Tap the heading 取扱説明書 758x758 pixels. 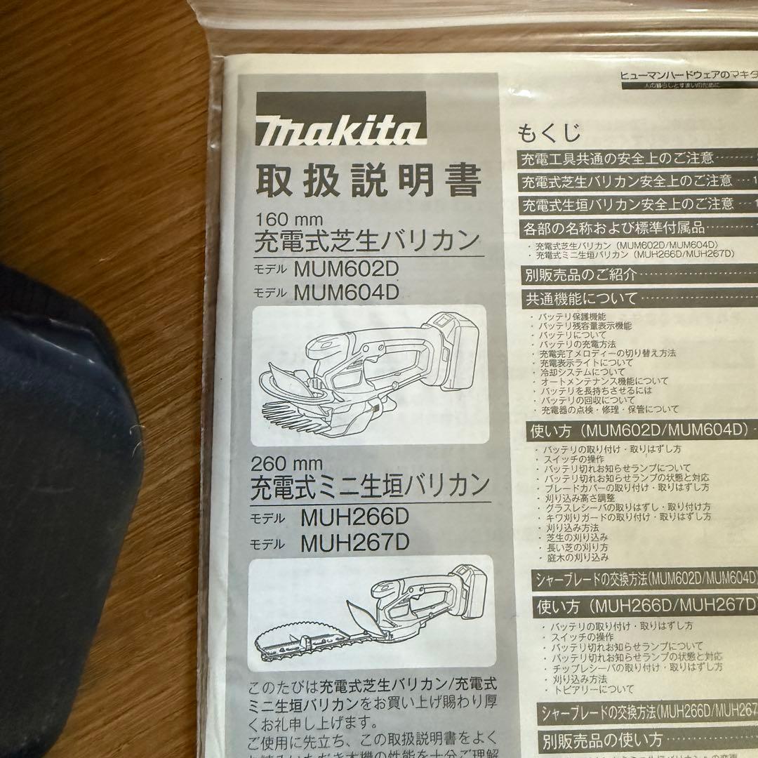click(367, 180)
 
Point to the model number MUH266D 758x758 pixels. click(354, 518)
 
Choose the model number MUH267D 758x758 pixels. click(354, 542)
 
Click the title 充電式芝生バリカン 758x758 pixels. click(366, 242)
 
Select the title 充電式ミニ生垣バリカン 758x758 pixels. click(370, 485)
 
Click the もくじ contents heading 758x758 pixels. click(549, 132)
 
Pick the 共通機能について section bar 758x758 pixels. click(581, 298)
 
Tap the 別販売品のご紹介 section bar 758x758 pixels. click(581, 274)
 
